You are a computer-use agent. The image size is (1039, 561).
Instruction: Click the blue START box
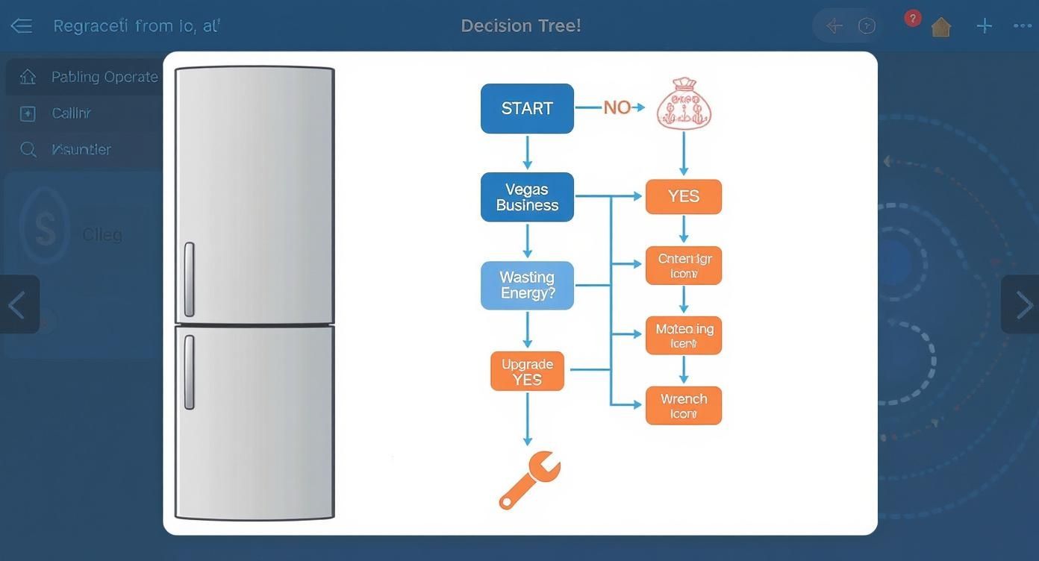pyautogui.click(x=527, y=109)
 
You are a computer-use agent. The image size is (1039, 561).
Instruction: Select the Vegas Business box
pyautogui.click(x=527, y=197)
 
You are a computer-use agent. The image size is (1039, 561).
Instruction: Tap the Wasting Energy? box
pyautogui.click(x=527, y=285)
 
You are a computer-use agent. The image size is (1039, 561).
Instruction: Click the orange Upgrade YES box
pyautogui.click(x=527, y=372)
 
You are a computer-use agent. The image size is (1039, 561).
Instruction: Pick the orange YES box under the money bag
pyautogui.click(x=683, y=196)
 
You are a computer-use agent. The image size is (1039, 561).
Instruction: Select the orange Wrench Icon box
pyautogui.click(x=683, y=406)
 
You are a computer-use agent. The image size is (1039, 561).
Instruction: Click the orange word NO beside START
pyautogui.click(x=617, y=107)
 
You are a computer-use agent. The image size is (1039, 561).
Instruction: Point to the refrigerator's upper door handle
pyautogui.click(x=190, y=279)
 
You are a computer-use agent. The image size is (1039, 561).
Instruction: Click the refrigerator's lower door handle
pyautogui.click(x=190, y=372)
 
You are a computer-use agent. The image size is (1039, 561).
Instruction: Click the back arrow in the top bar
pyautogui.click(x=21, y=26)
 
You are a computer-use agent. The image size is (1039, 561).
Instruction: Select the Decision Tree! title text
pyautogui.click(x=520, y=26)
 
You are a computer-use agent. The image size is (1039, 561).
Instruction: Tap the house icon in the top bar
pyautogui.click(x=941, y=28)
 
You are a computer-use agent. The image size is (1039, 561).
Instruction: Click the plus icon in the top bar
pyautogui.click(x=984, y=26)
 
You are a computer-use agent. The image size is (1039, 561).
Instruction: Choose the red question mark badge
pyautogui.click(x=912, y=18)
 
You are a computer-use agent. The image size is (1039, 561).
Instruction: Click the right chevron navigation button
pyautogui.click(x=1020, y=304)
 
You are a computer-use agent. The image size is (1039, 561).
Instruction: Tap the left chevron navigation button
pyautogui.click(x=19, y=304)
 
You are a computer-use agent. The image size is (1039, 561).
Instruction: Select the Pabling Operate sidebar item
pyautogui.click(x=104, y=77)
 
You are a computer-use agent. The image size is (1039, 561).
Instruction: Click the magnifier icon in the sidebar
pyautogui.click(x=28, y=150)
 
